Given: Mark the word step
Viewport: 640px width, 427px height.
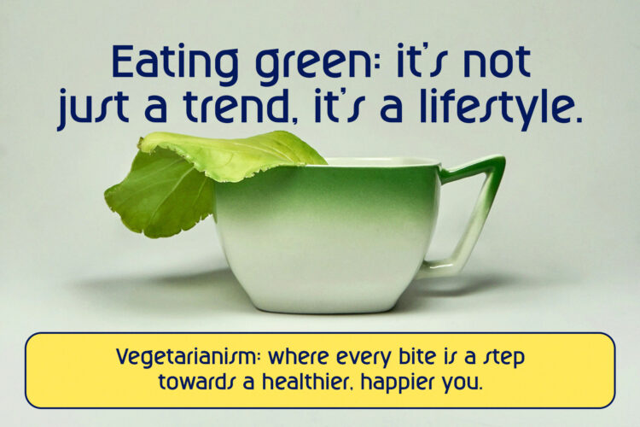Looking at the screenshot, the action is point(503,359).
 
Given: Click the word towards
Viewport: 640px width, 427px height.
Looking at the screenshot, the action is point(195,381).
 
